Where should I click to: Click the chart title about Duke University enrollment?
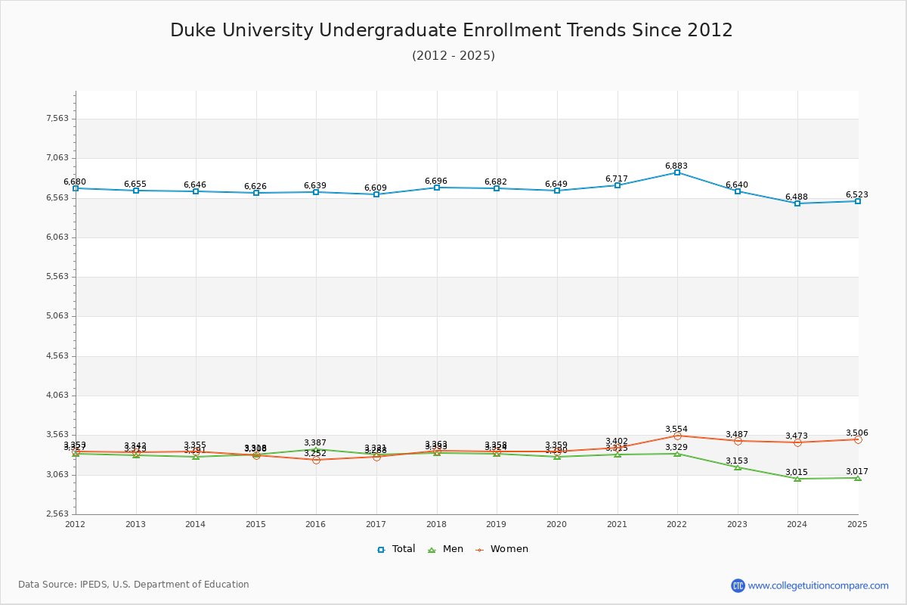[451, 30]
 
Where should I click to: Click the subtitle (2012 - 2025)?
[453, 55]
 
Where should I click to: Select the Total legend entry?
[396, 549]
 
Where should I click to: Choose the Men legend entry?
[445, 549]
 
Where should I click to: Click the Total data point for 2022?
[677, 172]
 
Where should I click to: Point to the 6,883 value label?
[676, 166]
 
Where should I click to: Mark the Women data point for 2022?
[677, 436]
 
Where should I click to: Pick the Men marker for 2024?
[797, 479]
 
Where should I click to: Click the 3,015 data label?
[797, 472]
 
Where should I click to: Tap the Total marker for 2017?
[376, 194]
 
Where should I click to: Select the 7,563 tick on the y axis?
[57, 119]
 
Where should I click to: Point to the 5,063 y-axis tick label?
[57, 316]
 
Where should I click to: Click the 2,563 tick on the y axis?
[57, 514]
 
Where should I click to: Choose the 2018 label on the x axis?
[437, 524]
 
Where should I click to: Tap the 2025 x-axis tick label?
[857, 524]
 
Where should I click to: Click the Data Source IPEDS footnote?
[134, 585]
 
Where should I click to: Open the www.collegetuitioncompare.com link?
[818, 585]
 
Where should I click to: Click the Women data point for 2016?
[316, 460]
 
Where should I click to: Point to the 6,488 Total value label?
[797, 197]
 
